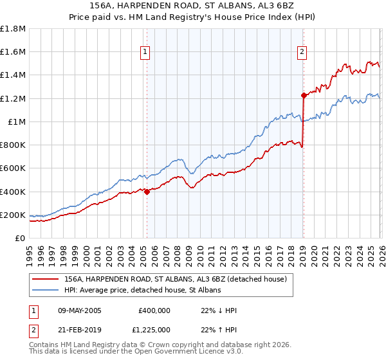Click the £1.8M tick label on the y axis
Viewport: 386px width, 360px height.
[x=13, y=29]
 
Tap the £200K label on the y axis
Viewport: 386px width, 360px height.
[x=13, y=215]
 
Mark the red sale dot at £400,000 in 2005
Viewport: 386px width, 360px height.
[x=147, y=192]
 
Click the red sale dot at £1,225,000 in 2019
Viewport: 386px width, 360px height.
[x=303, y=95]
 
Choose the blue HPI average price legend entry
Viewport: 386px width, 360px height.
[x=142, y=291]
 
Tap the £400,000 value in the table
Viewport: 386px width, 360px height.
[x=154, y=310]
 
